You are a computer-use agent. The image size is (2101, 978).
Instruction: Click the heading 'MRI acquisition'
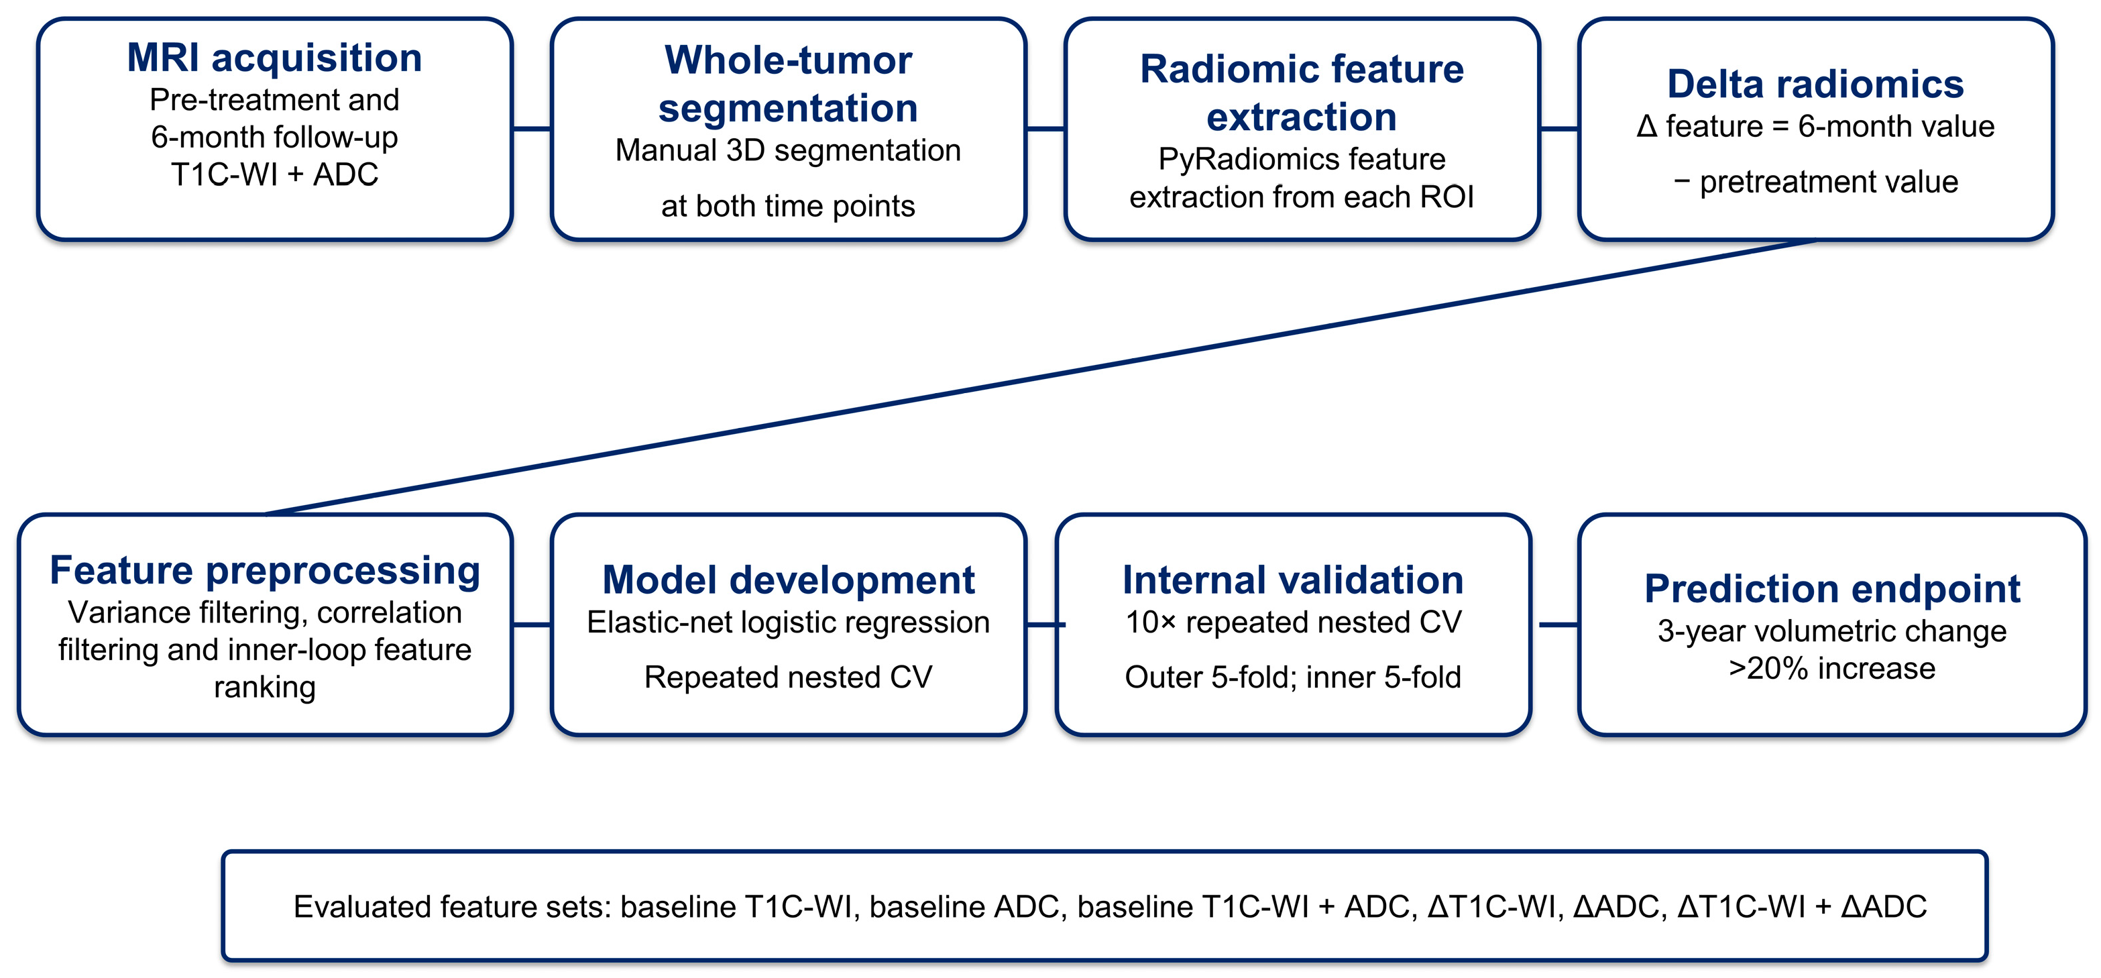[275, 58]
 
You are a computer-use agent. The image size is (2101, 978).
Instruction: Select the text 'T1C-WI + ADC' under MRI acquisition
[275, 174]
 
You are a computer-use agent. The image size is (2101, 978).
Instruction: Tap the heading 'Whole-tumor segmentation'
[788, 84]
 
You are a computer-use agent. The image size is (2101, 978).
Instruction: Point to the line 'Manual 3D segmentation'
[788, 150]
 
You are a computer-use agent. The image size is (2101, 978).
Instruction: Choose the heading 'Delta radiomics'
[1815, 84]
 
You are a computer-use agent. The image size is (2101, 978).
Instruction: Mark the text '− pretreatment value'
[1815, 182]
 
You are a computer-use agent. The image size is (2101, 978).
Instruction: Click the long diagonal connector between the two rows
[1041, 378]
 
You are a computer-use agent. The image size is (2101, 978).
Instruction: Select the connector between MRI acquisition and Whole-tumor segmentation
[532, 129]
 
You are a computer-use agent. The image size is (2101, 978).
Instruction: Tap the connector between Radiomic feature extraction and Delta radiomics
[1559, 129]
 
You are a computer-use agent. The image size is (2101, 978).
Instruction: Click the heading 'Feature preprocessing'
[265, 570]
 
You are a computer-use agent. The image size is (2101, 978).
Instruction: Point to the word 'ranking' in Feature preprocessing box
[265, 688]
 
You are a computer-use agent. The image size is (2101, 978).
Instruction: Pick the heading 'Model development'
[788, 580]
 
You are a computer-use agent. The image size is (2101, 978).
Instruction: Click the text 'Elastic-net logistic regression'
[788, 622]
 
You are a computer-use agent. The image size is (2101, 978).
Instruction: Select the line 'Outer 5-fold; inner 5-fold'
[1293, 677]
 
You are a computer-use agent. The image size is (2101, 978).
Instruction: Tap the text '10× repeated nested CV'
[1293, 622]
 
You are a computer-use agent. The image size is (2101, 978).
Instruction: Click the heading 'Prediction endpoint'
[1832, 589]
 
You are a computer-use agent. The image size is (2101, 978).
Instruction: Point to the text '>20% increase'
[1832, 669]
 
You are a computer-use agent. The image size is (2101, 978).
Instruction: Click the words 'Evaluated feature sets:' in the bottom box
[453, 907]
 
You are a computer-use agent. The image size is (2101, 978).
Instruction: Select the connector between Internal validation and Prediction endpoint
[1559, 624]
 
